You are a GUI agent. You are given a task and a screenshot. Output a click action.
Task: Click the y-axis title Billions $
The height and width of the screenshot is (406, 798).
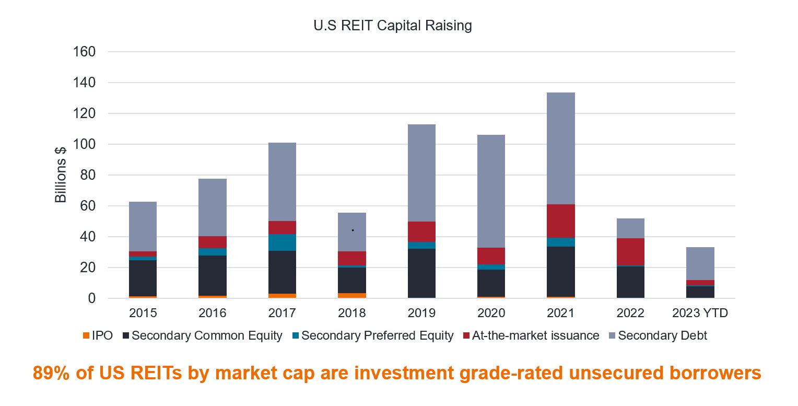click(61, 175)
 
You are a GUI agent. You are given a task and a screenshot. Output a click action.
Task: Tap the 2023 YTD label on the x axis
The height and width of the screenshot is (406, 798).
click(700, 314)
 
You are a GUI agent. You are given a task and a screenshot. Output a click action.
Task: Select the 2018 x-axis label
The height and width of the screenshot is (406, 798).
click(352, 314)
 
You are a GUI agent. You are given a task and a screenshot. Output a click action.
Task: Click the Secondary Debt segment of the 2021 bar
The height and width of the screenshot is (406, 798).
click(561, 148)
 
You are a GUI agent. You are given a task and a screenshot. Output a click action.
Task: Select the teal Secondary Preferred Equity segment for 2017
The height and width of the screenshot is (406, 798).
click(282, 242)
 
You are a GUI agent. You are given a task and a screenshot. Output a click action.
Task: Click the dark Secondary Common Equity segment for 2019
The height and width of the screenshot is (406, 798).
click(421, 273)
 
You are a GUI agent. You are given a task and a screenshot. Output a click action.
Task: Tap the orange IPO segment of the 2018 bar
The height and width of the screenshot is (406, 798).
click(352, 296)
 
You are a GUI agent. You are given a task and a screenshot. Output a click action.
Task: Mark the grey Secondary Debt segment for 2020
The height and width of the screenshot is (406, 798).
click(491, 191)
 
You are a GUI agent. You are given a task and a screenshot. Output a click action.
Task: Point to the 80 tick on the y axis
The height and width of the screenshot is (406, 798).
click(89, 175)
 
